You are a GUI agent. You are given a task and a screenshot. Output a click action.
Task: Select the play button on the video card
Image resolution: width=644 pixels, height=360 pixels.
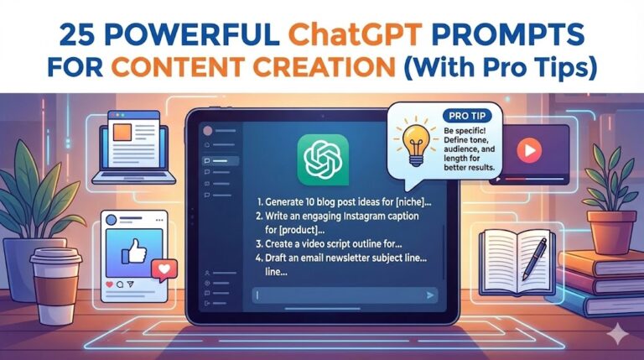pyautogui.click(x=527, y=150)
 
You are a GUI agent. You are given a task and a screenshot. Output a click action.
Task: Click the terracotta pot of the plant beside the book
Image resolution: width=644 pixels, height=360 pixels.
pyautogui.click(x=612, y=231)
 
